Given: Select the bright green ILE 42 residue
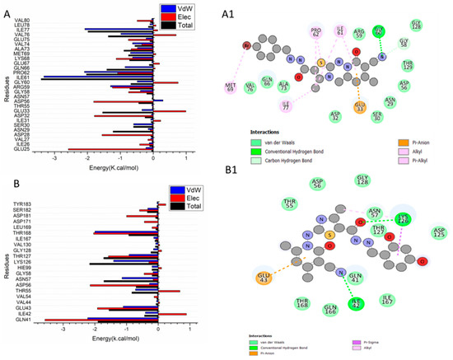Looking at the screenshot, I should pos(357,303).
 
